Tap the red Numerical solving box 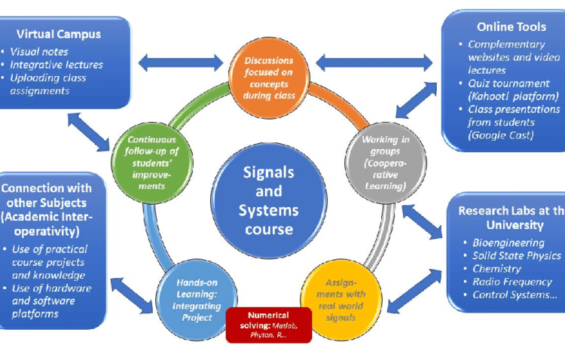point(268,325)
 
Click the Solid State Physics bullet point(515,256)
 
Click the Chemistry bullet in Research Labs point(498,269)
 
